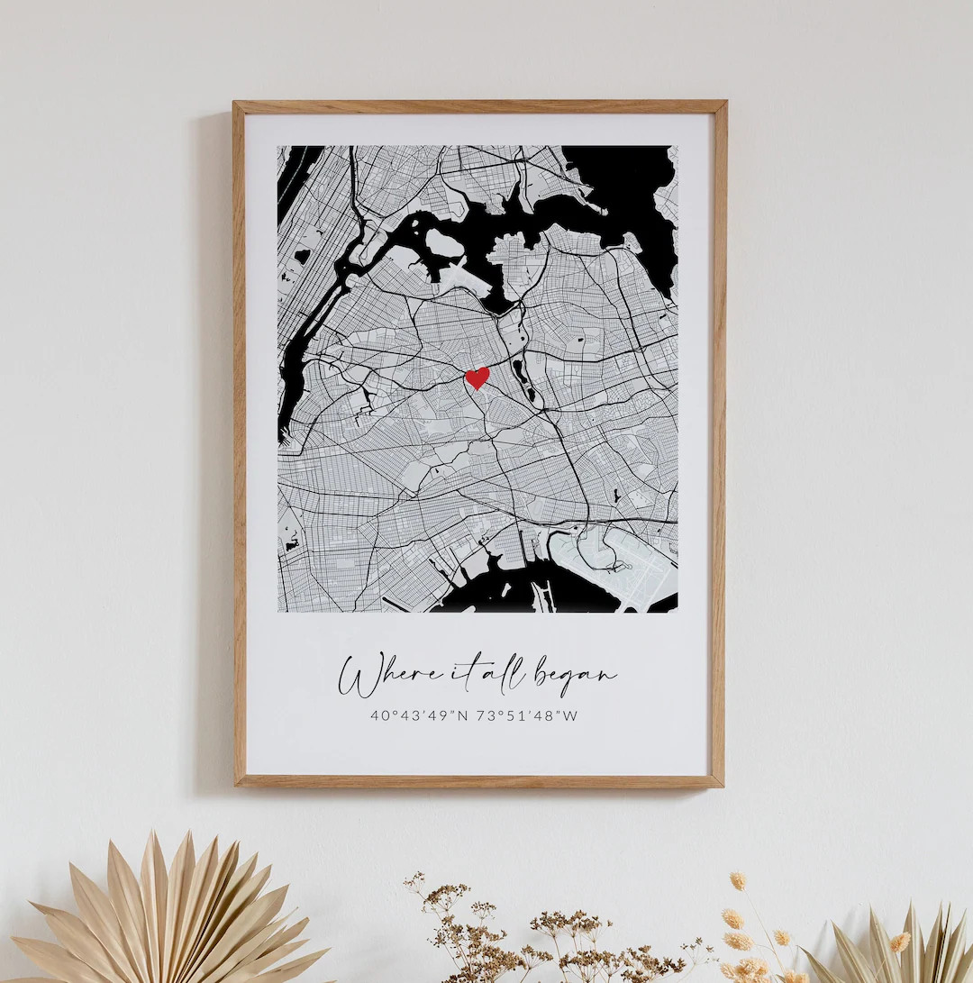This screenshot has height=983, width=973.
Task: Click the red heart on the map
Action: [477, 378]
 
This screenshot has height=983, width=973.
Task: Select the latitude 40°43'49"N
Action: [418, 716]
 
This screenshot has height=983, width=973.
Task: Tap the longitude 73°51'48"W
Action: [527, 716]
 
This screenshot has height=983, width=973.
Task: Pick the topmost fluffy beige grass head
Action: [738, 880]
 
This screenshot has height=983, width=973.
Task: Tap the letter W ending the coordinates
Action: [570, 716]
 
